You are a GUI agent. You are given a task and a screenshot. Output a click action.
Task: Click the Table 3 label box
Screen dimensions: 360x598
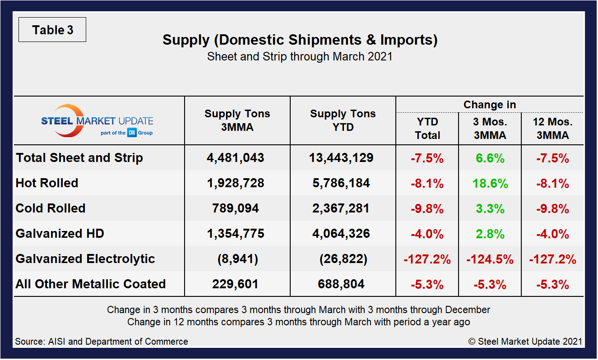[x=52, y=30]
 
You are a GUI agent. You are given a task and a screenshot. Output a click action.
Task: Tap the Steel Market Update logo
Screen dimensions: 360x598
[x=97, y=121]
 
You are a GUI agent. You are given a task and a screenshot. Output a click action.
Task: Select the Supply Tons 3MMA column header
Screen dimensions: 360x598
[x=237, y=120]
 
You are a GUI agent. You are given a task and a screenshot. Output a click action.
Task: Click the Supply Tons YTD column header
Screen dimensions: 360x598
[x=343, y=120]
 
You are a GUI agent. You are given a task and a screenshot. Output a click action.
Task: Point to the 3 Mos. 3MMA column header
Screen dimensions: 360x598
[x=490, y=128]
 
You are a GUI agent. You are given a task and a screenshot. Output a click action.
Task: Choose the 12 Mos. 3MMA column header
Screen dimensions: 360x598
[x=552, y=128]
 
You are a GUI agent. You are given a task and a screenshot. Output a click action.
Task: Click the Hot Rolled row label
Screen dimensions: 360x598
[x=47, y=183]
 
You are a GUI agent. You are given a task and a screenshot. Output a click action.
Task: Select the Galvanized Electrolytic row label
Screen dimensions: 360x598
[x=85, y=259]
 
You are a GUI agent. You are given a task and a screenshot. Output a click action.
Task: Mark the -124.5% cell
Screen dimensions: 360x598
[x=490, y=259]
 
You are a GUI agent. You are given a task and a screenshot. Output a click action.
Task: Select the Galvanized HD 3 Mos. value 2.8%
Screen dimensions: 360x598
[x=490, y=234]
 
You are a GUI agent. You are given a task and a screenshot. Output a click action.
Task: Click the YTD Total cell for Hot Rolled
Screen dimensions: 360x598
[x=427, y=184]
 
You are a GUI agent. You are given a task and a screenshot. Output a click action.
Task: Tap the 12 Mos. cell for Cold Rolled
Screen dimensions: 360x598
[x=552, y=209]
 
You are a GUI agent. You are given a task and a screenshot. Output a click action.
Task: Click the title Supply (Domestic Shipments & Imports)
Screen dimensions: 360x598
[x=300, y=40]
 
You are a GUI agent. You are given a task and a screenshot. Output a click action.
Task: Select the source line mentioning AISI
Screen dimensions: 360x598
[x=102, y=342]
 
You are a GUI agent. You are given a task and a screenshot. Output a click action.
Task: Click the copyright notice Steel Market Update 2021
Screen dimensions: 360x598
[x=525, y=342]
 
